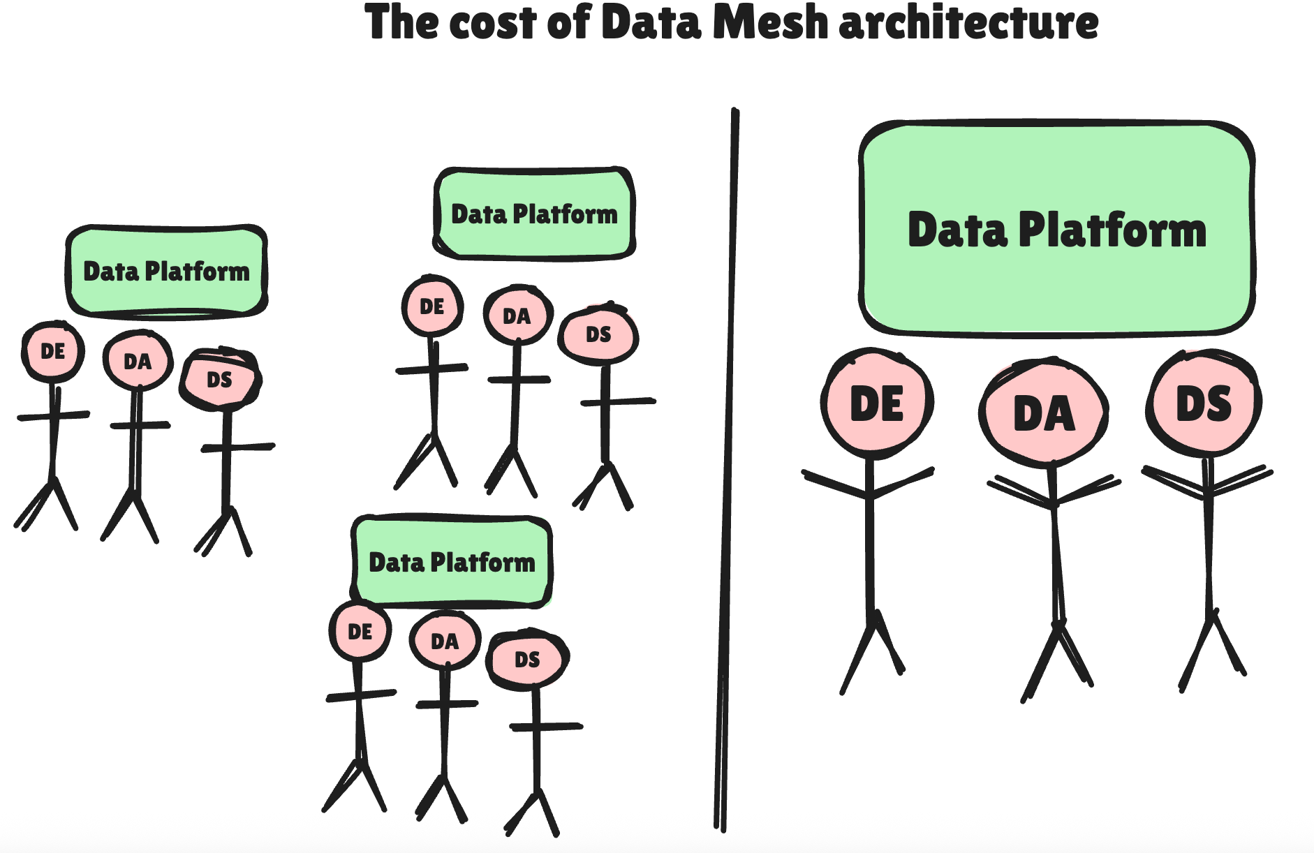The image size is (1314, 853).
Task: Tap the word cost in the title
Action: (494, 22)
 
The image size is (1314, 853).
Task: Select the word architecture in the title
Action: (968, 22)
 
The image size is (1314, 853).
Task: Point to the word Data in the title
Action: (650, 22)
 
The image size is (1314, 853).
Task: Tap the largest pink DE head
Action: (877, 403)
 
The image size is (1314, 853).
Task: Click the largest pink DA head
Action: (1044, 413)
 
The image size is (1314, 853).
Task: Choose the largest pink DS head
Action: (1204, 403)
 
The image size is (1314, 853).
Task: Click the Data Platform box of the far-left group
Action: (167, 270)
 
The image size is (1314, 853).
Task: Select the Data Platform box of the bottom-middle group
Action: (452, 561)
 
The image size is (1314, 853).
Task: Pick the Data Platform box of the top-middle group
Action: (534, 214)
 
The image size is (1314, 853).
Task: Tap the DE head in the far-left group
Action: (53, 351)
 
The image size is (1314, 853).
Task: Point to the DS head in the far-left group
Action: (220, 380)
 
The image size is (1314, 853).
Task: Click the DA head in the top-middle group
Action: (517, 316)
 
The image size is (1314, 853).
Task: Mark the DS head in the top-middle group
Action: (598, 334)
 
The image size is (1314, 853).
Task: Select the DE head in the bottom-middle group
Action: (360, 632)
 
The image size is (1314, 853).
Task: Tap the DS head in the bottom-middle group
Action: (527, 660)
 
